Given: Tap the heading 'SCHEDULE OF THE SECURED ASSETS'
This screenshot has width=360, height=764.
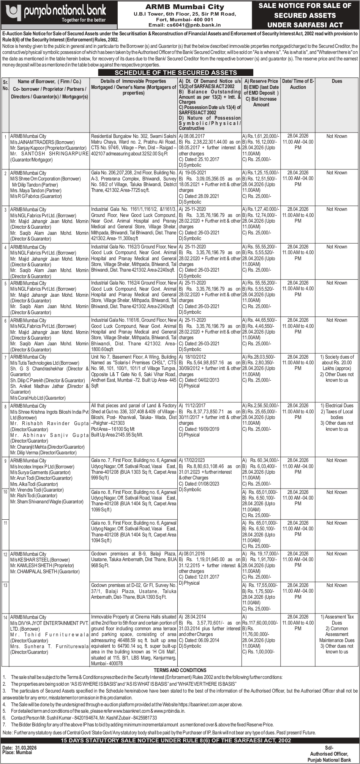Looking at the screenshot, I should pyautogui.click(x=176, y=73).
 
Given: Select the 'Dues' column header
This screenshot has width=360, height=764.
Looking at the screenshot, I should pyautogui.click(x=336, y=81).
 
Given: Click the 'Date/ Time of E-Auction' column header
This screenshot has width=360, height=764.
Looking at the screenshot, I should pyautogui.click(x=298, y=84).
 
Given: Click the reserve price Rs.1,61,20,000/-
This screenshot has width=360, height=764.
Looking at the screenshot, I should pyautogui.click(x=261, y=136).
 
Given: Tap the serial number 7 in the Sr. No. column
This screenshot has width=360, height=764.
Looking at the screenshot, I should pyautogui.click(x=5, y=357).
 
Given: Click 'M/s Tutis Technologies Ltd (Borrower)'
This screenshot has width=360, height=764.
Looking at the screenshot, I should pyautogui.click(x=44, y=363).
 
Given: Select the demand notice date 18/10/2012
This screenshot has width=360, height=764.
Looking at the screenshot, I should pyautogui.click(x=195, y=357).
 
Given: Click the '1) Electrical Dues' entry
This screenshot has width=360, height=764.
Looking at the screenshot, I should pyautogui.click(x=337, y=406).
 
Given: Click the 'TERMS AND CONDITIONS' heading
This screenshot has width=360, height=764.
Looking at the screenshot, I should pyautogui.click(x=180, y=670).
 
